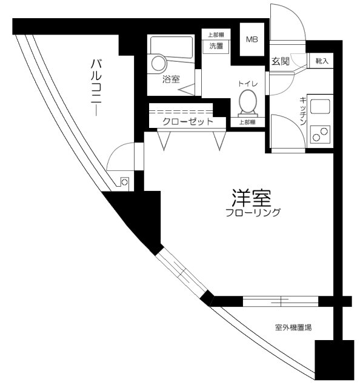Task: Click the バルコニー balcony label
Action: coord(96,82)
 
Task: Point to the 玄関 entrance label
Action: coord(279,61)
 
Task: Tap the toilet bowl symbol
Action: coord(248,102)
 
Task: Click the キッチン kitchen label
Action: coord(302,112)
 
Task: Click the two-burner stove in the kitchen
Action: coord(319,135)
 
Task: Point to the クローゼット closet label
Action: coord(187,122)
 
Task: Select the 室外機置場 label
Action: coord(293,328)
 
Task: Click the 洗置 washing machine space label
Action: coord(216,45)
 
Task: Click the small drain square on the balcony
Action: coord(124,181)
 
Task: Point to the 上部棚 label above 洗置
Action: coord(216,34)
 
